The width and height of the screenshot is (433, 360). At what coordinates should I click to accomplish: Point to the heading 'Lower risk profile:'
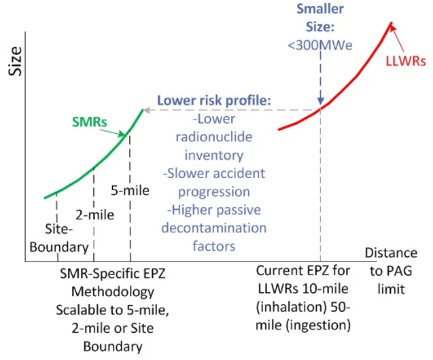[x=215, y=101]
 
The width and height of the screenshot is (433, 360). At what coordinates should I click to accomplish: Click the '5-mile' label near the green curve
[x=130, y=190]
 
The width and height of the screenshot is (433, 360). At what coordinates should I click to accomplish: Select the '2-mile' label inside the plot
[x=94, y=215]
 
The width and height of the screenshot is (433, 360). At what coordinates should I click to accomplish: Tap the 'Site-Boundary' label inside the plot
[x=67, y=238]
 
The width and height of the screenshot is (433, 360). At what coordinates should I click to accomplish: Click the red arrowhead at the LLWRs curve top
[x=393, y=28]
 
